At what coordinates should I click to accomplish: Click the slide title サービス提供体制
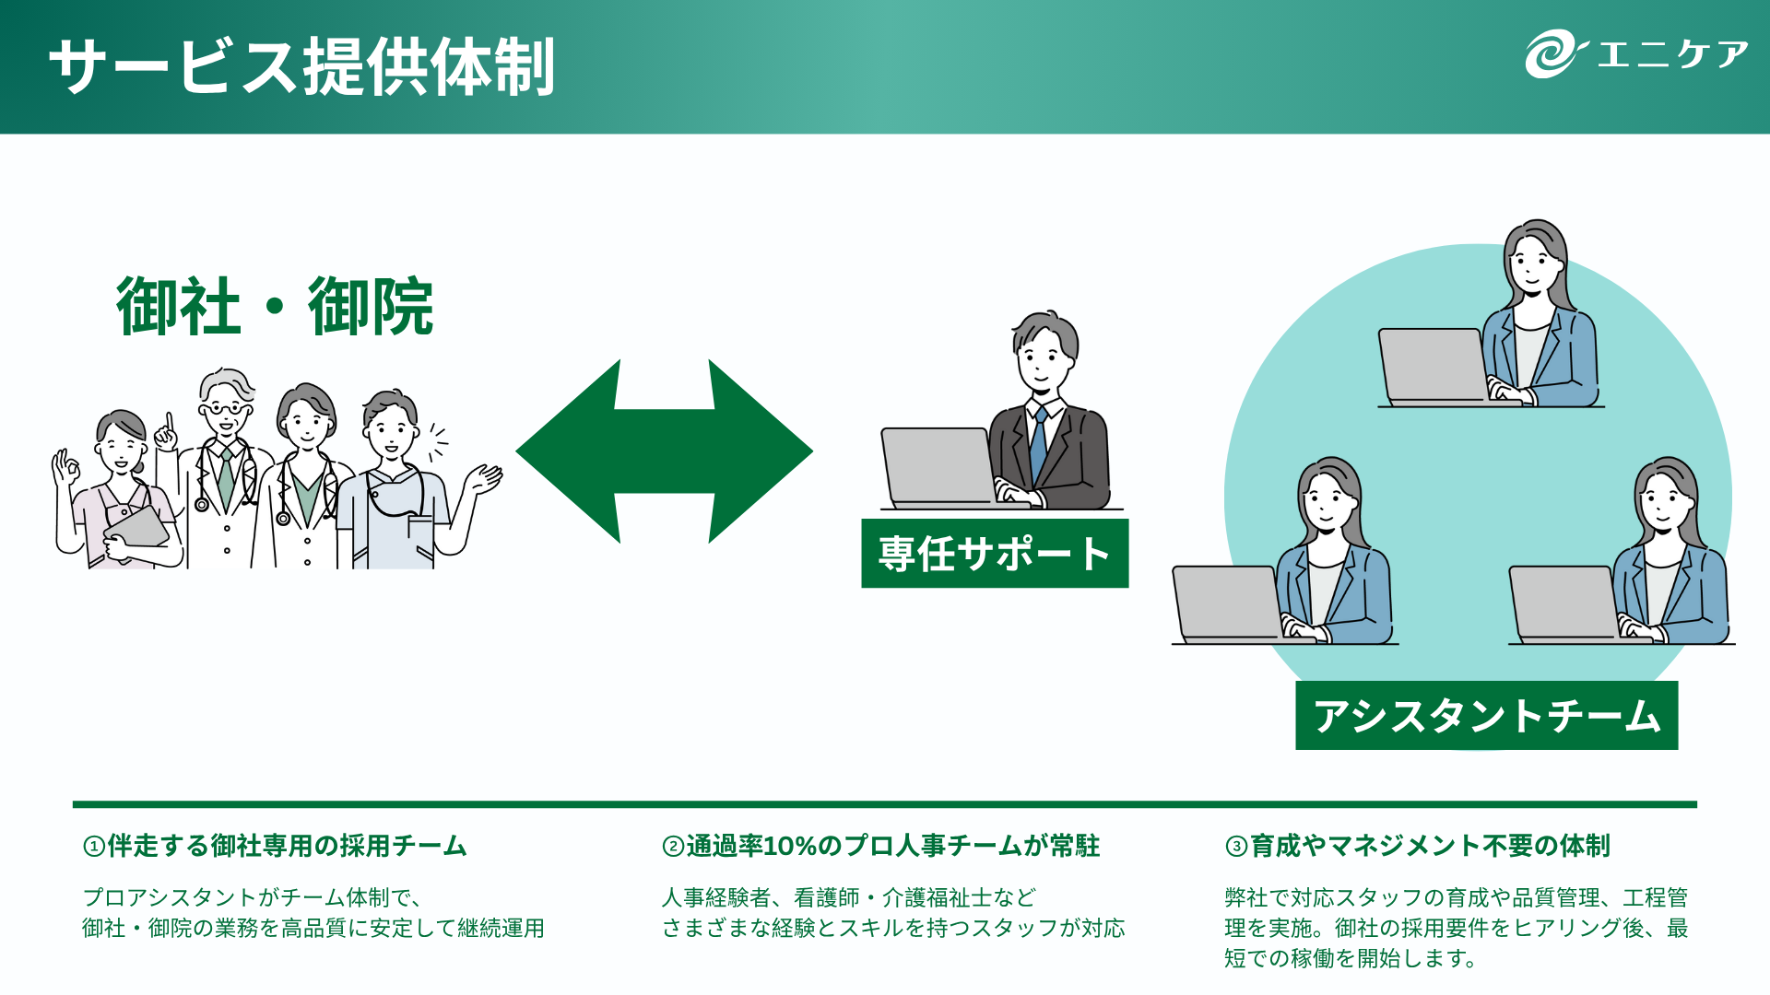pyautogui.click(x=301, y=66)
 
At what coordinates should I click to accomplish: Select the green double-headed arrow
pyautogui.click(x=664, y=451)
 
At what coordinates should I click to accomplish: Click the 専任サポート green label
pyautogui.click(x=995, y=554)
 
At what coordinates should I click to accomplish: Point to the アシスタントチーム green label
pyautogui.click(x=1486, y=716)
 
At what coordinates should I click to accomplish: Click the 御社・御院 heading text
pyautogui.click(x=275, y=307)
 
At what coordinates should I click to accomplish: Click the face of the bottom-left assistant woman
pyautogui.click(x=1327, y=502)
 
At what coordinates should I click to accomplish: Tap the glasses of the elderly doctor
pyautogui.click(x=224, y=406)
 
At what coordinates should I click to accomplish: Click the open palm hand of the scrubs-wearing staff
pyautogui.click(x=483, y=479)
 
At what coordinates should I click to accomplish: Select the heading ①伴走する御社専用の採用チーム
pyautogui.click(x=275, y=846)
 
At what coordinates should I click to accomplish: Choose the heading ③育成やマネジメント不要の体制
pyautogui.click(x=1418, y=846)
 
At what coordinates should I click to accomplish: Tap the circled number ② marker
pyautogui.click(x=673, y=847)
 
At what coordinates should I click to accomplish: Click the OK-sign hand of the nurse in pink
pyautogui.click(x=65, y=470)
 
